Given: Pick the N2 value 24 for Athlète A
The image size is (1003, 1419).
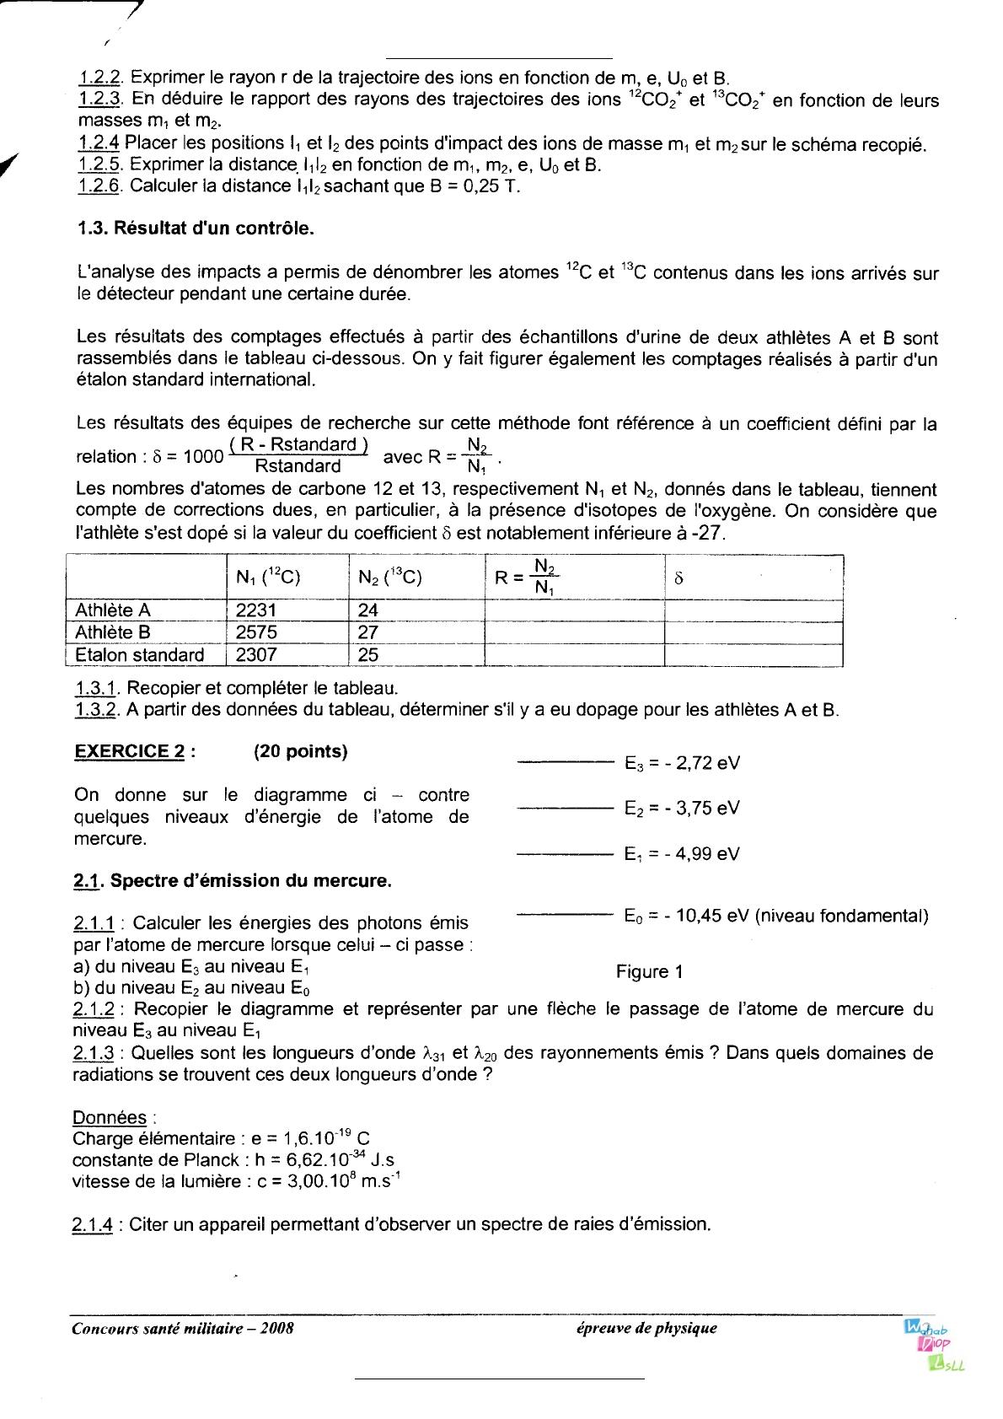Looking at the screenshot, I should tap(368, 610).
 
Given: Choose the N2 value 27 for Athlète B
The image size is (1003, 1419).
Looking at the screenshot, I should tap(368, 632).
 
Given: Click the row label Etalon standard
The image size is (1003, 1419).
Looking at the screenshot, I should tap(140, 655).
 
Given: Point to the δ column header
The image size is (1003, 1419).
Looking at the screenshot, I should tap(679, 578).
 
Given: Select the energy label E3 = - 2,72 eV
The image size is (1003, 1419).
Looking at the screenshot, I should tap(682, 764).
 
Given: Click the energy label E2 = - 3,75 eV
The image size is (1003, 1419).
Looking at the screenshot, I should tap(682, 808).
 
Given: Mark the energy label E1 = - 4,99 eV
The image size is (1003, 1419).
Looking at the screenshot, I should tap(682, 853).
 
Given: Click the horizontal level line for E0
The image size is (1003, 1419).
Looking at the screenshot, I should tap(564, 913).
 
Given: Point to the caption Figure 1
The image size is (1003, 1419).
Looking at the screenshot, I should tap(649, 972).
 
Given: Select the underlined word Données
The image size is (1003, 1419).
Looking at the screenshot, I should tap(110, 1118).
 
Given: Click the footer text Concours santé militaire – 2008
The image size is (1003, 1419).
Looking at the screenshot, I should tap(183, 1328).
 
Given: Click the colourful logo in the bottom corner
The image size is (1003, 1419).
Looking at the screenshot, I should tap(931, 1347).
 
